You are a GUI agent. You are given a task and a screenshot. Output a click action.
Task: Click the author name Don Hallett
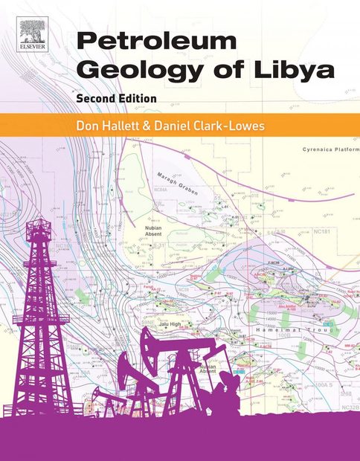(x=116, y=126)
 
